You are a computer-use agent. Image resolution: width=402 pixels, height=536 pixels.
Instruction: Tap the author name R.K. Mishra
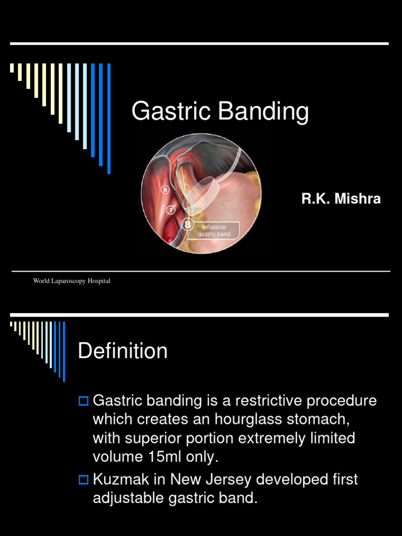(x=341, y=199)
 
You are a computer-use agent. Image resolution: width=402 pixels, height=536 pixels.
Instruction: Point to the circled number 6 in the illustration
(x=165, y=189)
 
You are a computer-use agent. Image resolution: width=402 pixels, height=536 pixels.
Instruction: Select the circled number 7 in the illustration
(x=171, y=210)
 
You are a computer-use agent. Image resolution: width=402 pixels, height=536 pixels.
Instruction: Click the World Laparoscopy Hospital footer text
(x=72, y=281)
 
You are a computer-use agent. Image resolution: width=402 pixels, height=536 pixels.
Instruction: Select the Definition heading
(x=122, y=351)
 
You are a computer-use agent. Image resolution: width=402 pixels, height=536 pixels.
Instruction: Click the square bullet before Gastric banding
(x=83, y=401)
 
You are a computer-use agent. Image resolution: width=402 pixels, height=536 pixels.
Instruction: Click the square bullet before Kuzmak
(x=83, y=480)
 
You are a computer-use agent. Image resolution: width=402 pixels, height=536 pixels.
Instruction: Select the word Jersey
(x=233, y=479)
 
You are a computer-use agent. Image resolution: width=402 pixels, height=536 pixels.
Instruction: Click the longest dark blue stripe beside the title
(x=109, y=118)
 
